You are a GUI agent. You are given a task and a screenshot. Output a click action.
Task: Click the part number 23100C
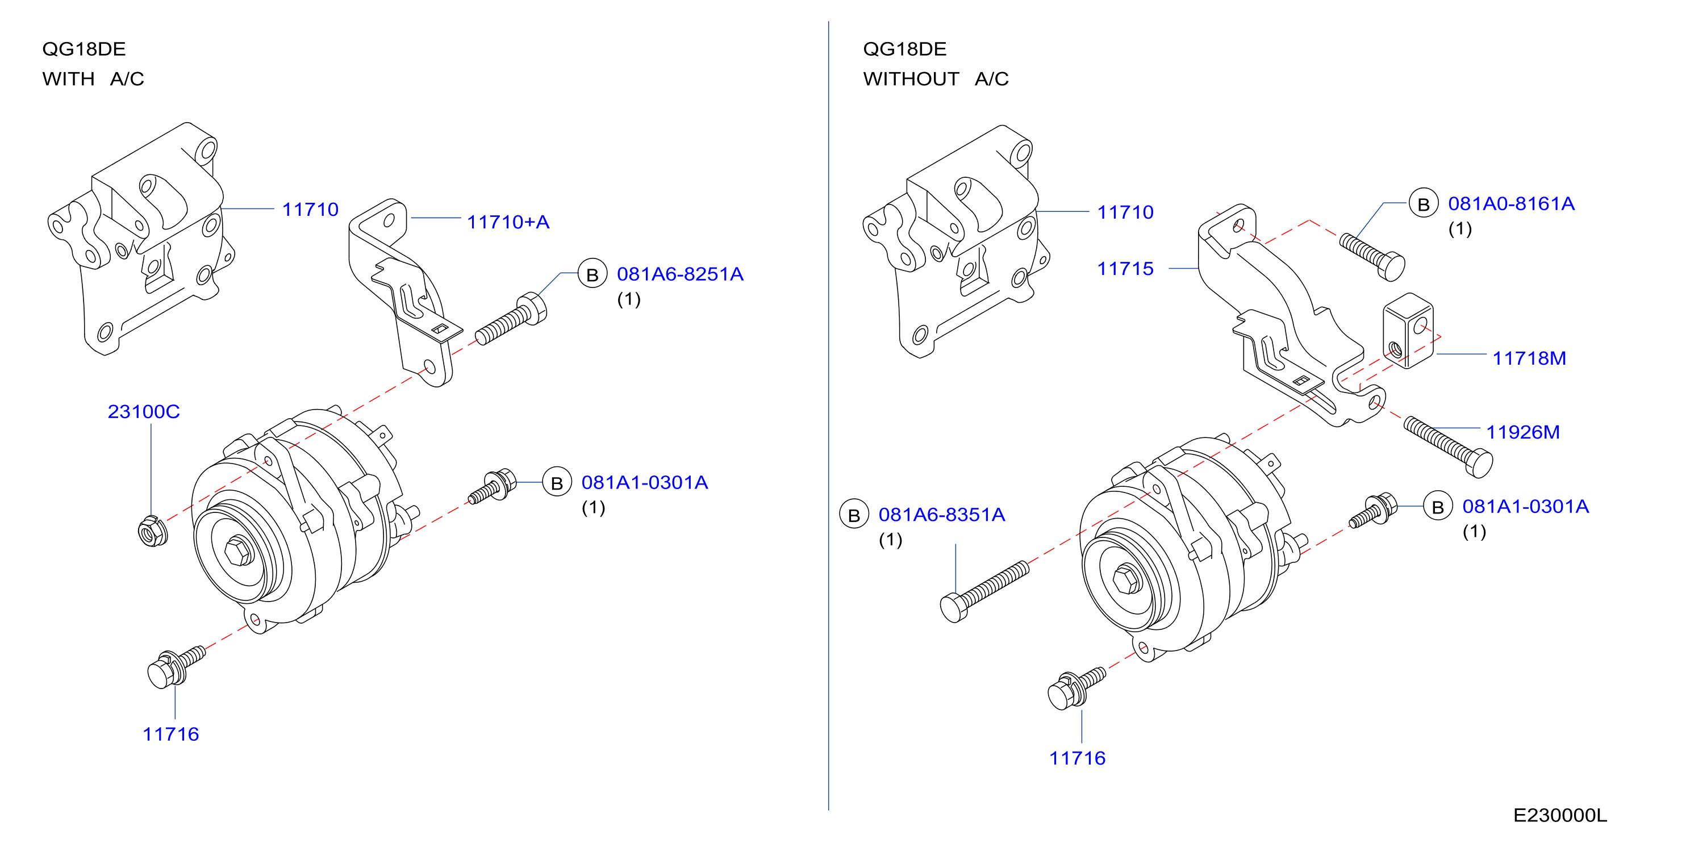(143, 412)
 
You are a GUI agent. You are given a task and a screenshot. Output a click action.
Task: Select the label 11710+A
(508, 222)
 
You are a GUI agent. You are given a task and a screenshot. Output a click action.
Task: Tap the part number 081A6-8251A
(680, 274)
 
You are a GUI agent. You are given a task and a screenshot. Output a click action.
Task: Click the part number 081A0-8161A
(1511, 203)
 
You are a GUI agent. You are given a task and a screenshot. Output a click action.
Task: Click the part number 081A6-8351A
(942, 515)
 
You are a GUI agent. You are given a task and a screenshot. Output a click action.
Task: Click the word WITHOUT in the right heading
(911, 78)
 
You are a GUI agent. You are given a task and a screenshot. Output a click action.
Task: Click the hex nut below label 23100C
(153, 530)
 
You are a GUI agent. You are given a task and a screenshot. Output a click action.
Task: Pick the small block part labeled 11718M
(1408, 330)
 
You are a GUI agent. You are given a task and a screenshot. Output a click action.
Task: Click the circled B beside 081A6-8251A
(592, 275)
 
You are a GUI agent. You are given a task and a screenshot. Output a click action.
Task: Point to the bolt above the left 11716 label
(176, 667)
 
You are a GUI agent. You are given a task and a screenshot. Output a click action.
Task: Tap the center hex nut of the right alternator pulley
(1127, 579)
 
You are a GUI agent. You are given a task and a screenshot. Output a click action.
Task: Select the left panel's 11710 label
(310, 210)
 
